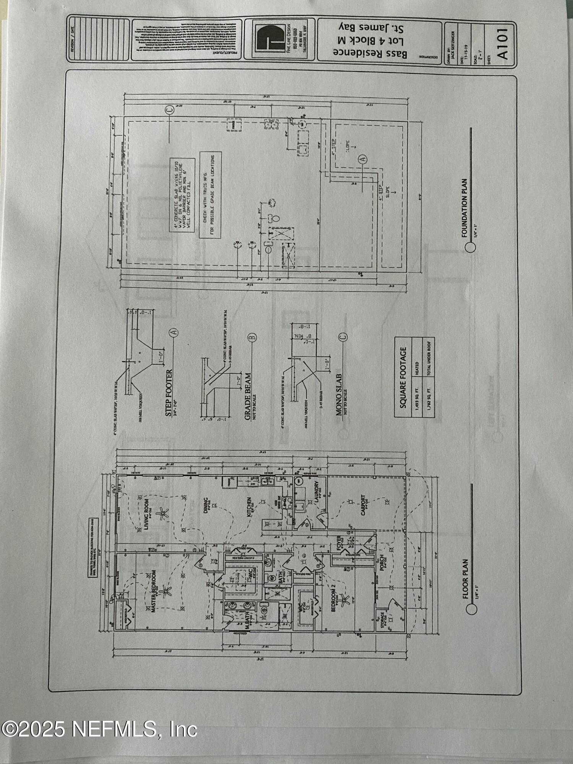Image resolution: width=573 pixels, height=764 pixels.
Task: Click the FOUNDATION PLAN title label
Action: [464, 208]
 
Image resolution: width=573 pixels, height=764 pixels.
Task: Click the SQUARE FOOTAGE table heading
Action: [403, 377]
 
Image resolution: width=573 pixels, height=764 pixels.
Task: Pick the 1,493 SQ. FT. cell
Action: [417, 399]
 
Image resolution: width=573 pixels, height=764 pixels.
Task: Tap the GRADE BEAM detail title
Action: [248, 397]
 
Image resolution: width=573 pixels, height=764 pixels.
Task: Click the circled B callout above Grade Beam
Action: [252, 338]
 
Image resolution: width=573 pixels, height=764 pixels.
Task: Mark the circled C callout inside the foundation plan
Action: [169, 110]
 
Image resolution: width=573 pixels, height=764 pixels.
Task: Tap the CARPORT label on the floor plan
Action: [363, 505]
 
